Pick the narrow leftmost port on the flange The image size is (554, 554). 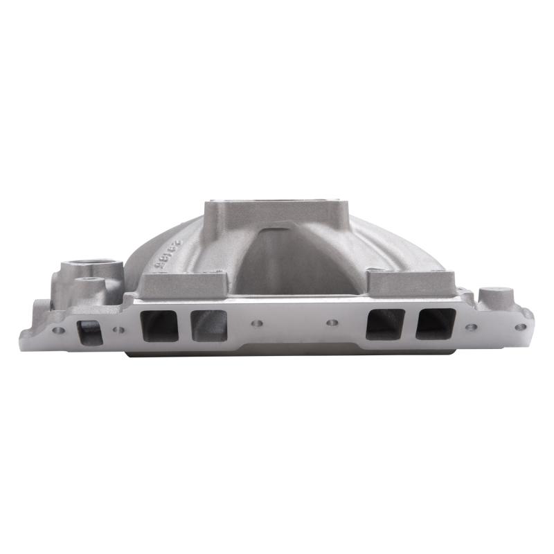coord(89,332)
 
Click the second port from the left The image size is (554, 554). coord(159,325)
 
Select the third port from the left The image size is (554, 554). coord(208,325)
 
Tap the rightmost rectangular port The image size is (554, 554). coord(436,323)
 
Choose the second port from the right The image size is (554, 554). coord(386,323)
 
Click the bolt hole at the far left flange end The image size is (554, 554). coord(58,330)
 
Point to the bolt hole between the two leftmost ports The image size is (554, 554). coord(119,330)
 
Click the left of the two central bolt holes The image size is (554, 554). coord(257,323)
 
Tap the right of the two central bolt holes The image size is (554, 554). coord(332,323)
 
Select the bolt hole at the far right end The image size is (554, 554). coord(520,327)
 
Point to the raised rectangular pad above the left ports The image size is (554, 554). coord(184,285)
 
